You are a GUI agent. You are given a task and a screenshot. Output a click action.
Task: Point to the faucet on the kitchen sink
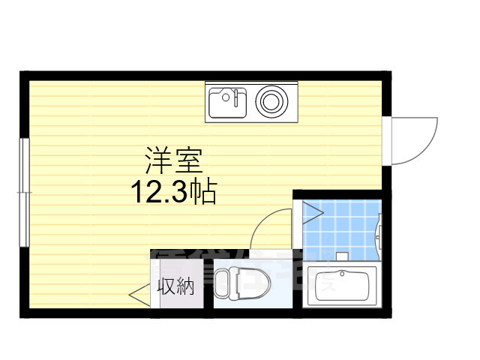pyautogui.click(x=235, y=96)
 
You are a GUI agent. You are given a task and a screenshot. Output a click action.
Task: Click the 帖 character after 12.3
pyautogui.click(x=203, y=193)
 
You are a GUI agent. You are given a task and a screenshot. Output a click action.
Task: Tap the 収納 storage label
pyautogui.click(x=176, y=286)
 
